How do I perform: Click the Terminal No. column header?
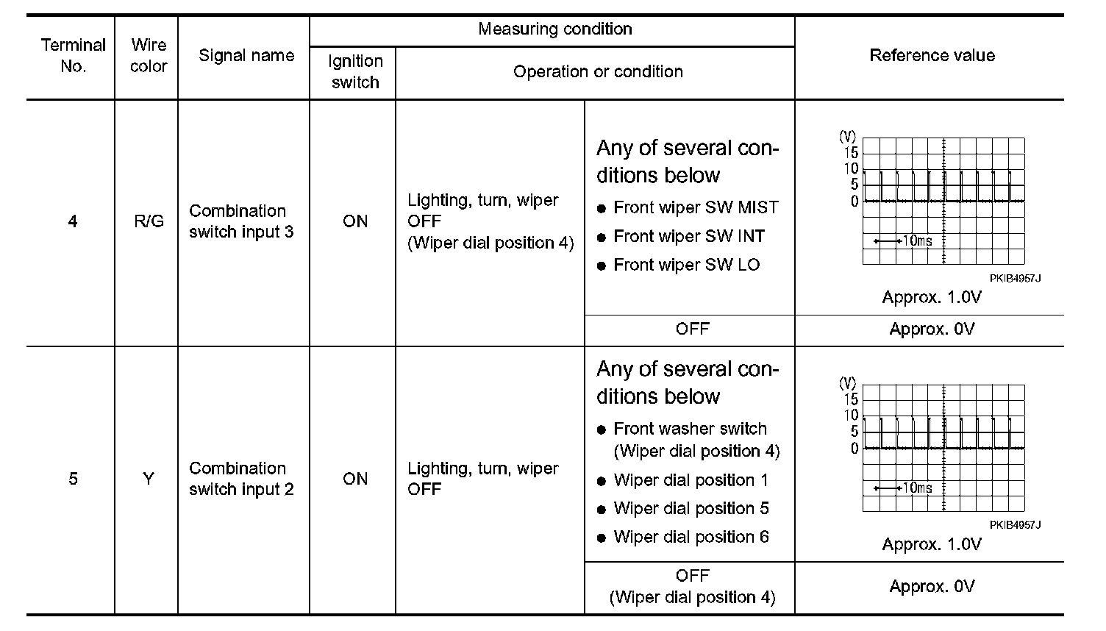coord(73,56)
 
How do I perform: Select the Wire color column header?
coord(149,56)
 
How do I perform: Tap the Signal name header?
coord(246,56)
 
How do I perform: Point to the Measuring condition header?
coord(555,29)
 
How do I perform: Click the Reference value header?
coord(932,56)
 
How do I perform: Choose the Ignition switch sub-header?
coord(355,72)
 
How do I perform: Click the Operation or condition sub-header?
coord(598,72)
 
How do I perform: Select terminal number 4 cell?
coord(73,221)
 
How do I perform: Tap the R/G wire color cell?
coord(149,221)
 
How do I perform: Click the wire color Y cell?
coord(149,480)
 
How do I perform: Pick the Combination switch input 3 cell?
coord(241,221)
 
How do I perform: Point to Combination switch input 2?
coord(241,480)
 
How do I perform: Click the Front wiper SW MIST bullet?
coord(695,208)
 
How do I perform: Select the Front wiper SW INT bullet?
coord(689,237)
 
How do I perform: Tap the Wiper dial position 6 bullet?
coord(691,538)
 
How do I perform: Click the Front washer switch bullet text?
coord(690,429)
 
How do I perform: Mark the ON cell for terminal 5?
coord(355,480)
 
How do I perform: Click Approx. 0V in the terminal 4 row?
coord(932,329)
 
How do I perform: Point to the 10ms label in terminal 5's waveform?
coord(917,488)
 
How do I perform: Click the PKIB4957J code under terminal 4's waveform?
coord(1015,279)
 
